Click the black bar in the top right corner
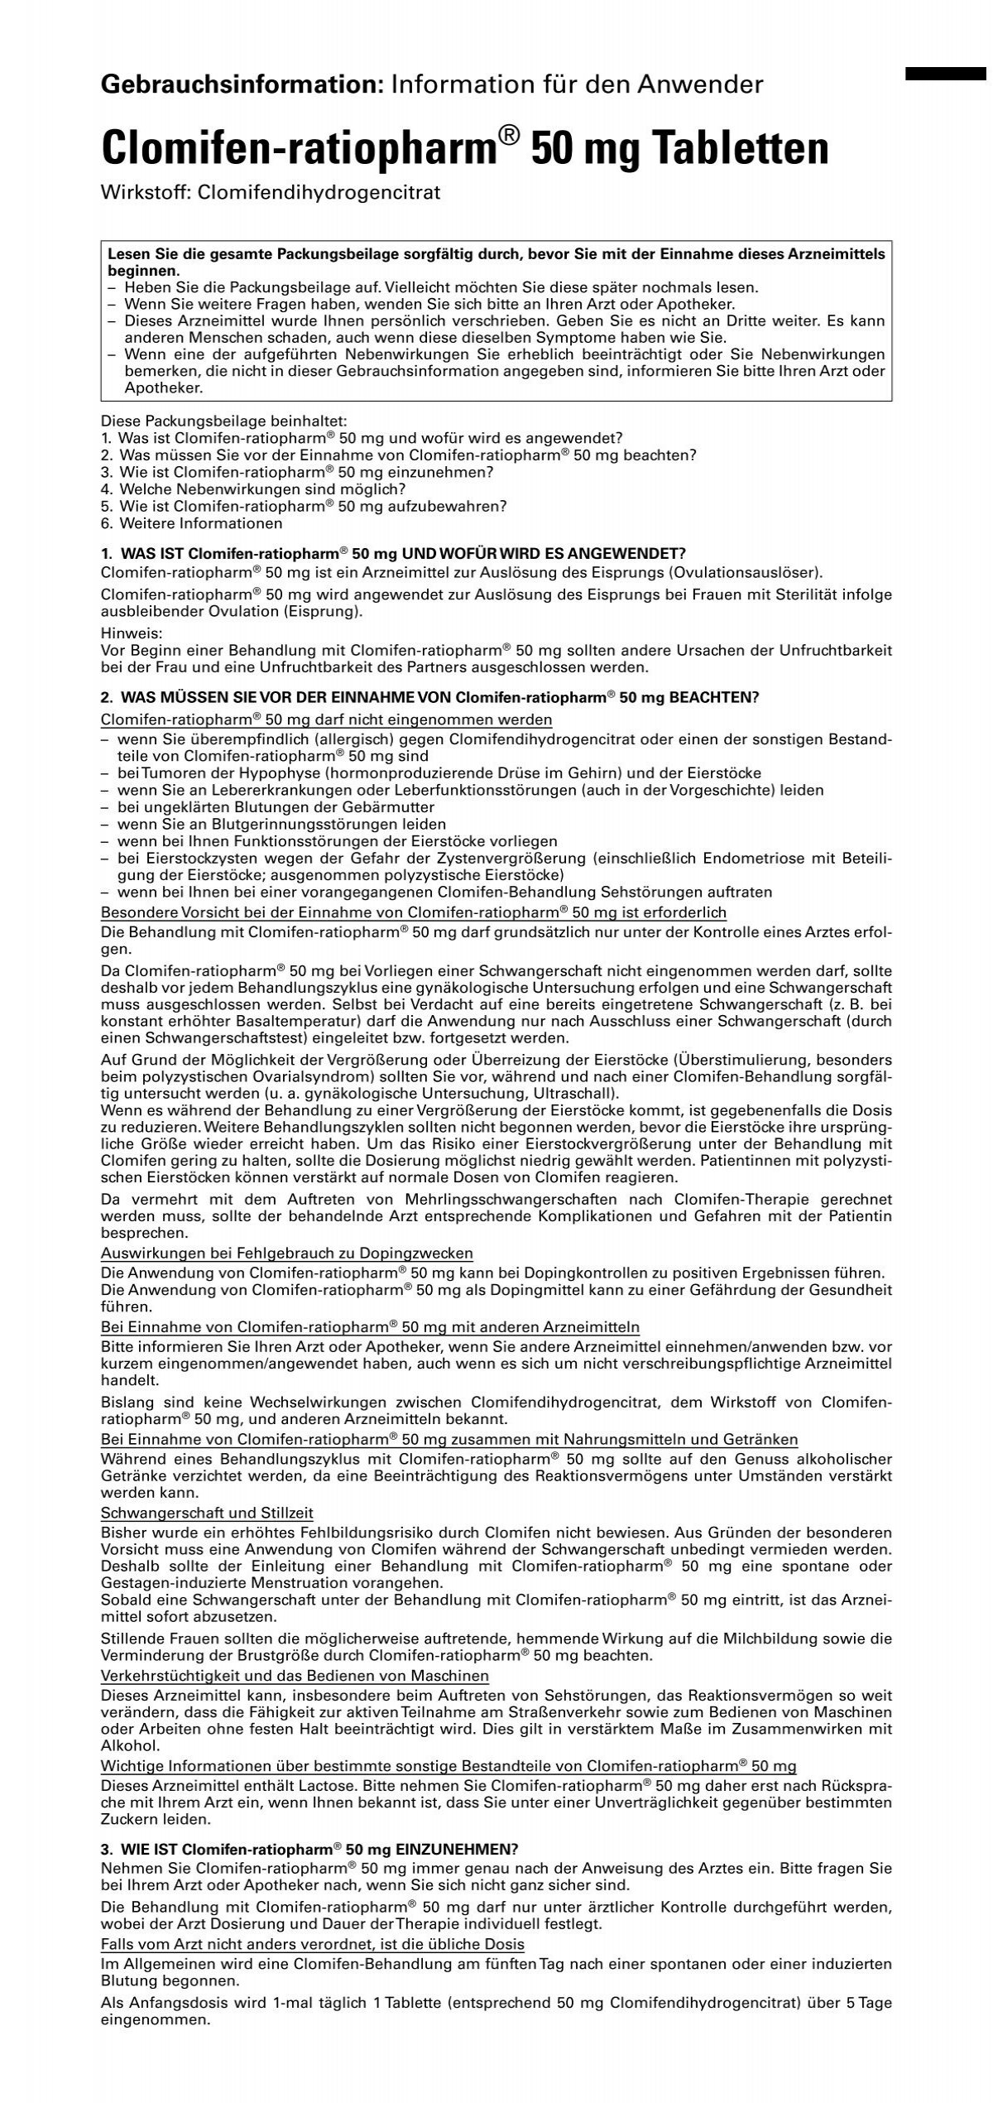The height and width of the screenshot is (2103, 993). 946,74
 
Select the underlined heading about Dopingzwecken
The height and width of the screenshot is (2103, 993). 286,1253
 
